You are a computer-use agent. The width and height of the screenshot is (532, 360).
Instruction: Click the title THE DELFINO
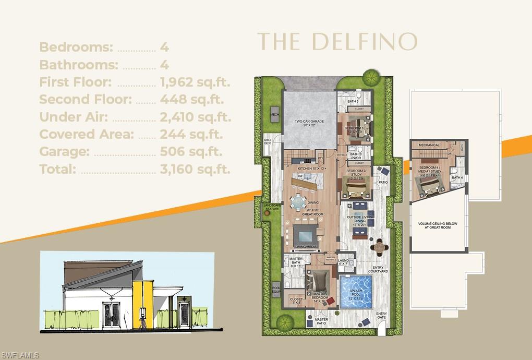[x=337, y=42]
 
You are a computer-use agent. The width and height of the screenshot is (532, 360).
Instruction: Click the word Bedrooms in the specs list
[x=76, y=47]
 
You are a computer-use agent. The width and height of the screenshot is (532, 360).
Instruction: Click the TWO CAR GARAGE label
[x=309, y=123]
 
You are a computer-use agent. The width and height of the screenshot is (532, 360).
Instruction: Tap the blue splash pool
[x=356, y=292]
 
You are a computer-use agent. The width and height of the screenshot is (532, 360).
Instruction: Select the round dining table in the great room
[x=299, y=201]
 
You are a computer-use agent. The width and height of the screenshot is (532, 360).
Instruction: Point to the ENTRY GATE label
[x=382, y=315]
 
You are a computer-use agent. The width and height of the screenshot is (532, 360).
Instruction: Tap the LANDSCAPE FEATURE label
[x=272, y=207]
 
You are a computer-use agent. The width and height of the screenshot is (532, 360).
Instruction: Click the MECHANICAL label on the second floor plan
[x=429, y=145]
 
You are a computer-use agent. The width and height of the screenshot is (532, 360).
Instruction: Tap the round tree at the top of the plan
[x=371, y=77]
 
